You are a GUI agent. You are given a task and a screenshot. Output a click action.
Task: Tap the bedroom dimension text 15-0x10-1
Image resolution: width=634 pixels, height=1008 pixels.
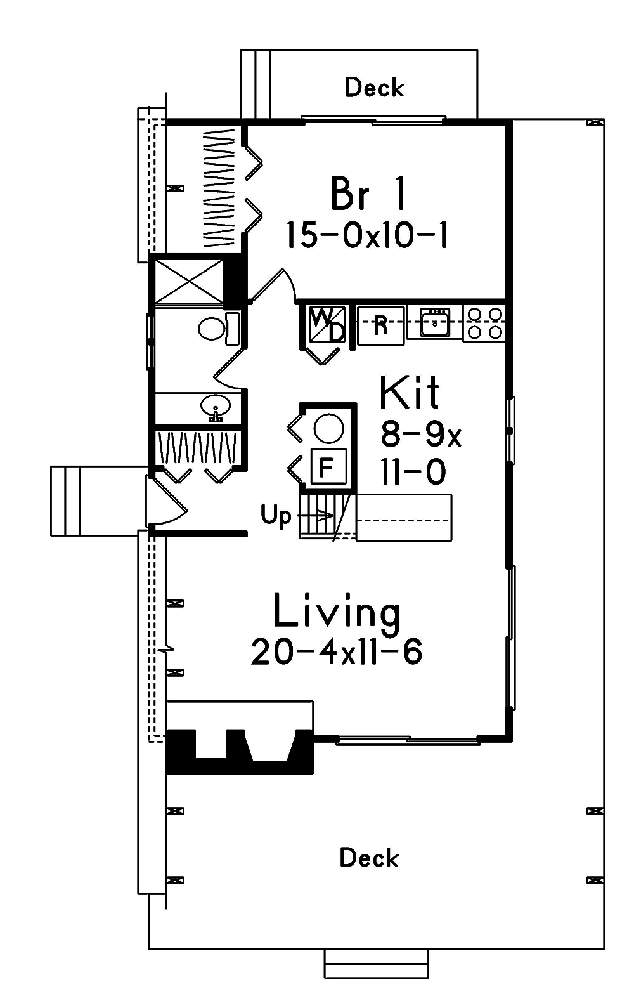(x=367, y=235)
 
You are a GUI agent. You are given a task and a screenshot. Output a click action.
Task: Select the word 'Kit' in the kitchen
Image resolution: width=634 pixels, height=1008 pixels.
(x=410, y=393)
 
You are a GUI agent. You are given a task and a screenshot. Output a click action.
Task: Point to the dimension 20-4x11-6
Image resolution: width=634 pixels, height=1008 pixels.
(x=337, y=651)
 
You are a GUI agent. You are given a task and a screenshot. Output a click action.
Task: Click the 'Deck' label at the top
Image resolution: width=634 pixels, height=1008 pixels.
(x=374, y=88)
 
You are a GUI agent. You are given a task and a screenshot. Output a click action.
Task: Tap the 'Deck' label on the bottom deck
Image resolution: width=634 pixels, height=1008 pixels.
(x=369, y=858)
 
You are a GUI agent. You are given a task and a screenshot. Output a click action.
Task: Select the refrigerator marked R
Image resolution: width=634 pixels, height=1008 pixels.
(x=380, y=325)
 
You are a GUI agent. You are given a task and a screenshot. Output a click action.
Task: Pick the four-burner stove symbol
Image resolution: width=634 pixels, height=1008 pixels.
(x=485, y=323)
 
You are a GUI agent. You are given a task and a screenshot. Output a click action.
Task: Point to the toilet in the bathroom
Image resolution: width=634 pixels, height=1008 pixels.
(x=216, y=329)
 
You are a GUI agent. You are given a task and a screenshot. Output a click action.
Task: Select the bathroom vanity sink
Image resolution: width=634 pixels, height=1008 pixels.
(x=215, y=406)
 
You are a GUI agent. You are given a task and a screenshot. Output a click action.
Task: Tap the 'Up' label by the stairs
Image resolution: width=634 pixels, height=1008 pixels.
(x=276, y=516)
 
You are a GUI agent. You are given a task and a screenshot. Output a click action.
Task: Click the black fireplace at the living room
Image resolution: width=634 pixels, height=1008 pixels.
(x=240, y=752)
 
